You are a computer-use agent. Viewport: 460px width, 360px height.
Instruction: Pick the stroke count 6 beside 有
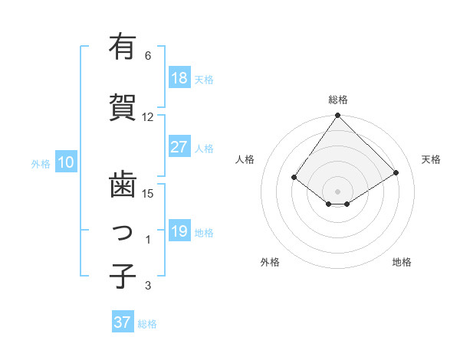[148, 56]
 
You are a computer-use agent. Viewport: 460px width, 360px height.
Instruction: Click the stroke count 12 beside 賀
[148, 117]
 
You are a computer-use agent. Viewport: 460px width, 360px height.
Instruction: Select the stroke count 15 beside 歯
[148, 193]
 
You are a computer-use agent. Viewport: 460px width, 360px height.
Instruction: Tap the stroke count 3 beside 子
[148, 286]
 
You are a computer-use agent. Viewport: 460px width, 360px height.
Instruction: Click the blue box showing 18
[179, 78]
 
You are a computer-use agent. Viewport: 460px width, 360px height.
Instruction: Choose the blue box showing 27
[179, 147]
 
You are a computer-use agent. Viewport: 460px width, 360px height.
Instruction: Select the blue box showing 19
[179, 231]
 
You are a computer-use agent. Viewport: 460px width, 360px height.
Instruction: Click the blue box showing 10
[66, 162]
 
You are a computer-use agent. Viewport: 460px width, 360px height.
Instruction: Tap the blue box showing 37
[122, 322]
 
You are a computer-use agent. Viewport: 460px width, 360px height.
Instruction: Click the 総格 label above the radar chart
[338, 100]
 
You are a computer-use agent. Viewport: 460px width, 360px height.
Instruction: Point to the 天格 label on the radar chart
[431, 159]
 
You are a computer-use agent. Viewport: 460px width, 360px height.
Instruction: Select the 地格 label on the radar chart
[402, 262]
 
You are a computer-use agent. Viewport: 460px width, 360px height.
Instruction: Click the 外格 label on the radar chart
[270, 262]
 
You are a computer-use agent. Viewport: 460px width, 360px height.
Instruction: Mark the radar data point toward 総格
[337, 116]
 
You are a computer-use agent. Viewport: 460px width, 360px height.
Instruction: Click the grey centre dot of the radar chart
[337, 191]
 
